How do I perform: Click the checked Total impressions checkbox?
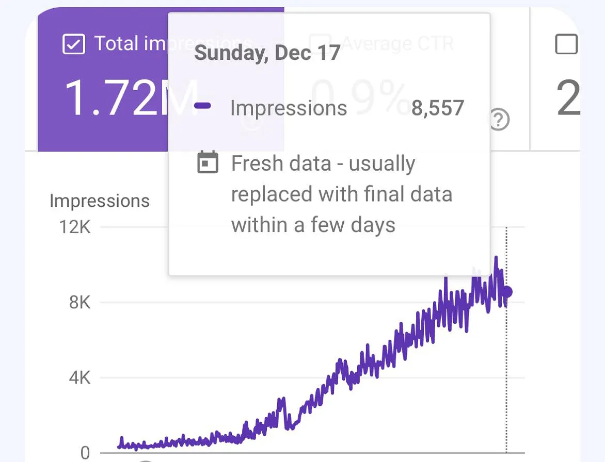tap(73, 44)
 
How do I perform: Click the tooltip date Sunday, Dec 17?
tap(267, 53)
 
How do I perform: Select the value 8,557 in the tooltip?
tap(438, 108)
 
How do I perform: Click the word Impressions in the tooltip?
tap(289, 108)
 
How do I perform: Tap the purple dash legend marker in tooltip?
tap(202, 106)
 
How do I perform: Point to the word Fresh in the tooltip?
tap(256, 164)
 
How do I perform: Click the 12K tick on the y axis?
tap(75, 226)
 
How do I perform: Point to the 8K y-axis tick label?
tap(79, 302)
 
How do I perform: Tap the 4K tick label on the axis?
tap(79, 378)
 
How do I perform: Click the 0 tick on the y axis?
tap(85, 453)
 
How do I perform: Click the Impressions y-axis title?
tap(100, 201)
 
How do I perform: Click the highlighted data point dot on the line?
tap(507, 292)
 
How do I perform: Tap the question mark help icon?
tap(499, 121)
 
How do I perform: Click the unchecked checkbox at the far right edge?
tap(566, 44)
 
